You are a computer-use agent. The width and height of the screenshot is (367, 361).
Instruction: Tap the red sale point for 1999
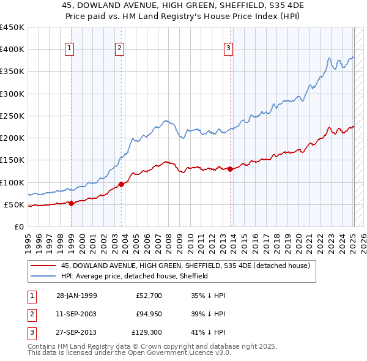coord(71,203)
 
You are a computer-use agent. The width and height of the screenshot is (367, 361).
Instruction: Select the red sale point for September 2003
coord(121,184)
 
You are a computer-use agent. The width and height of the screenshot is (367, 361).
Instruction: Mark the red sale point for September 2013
coord(230,169)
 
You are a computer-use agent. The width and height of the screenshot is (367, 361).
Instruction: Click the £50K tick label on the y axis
coord(14,204)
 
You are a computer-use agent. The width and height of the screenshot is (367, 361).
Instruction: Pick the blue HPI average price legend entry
coord(135,276)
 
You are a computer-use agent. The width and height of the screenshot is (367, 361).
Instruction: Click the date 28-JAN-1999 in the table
coord(76,296)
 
